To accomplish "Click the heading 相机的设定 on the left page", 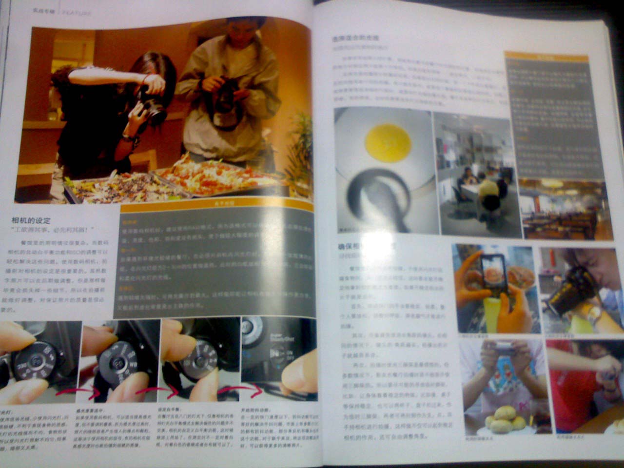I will coord(31,221).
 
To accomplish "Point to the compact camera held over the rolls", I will coord(502,349).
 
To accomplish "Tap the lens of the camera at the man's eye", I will coord(561,295).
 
